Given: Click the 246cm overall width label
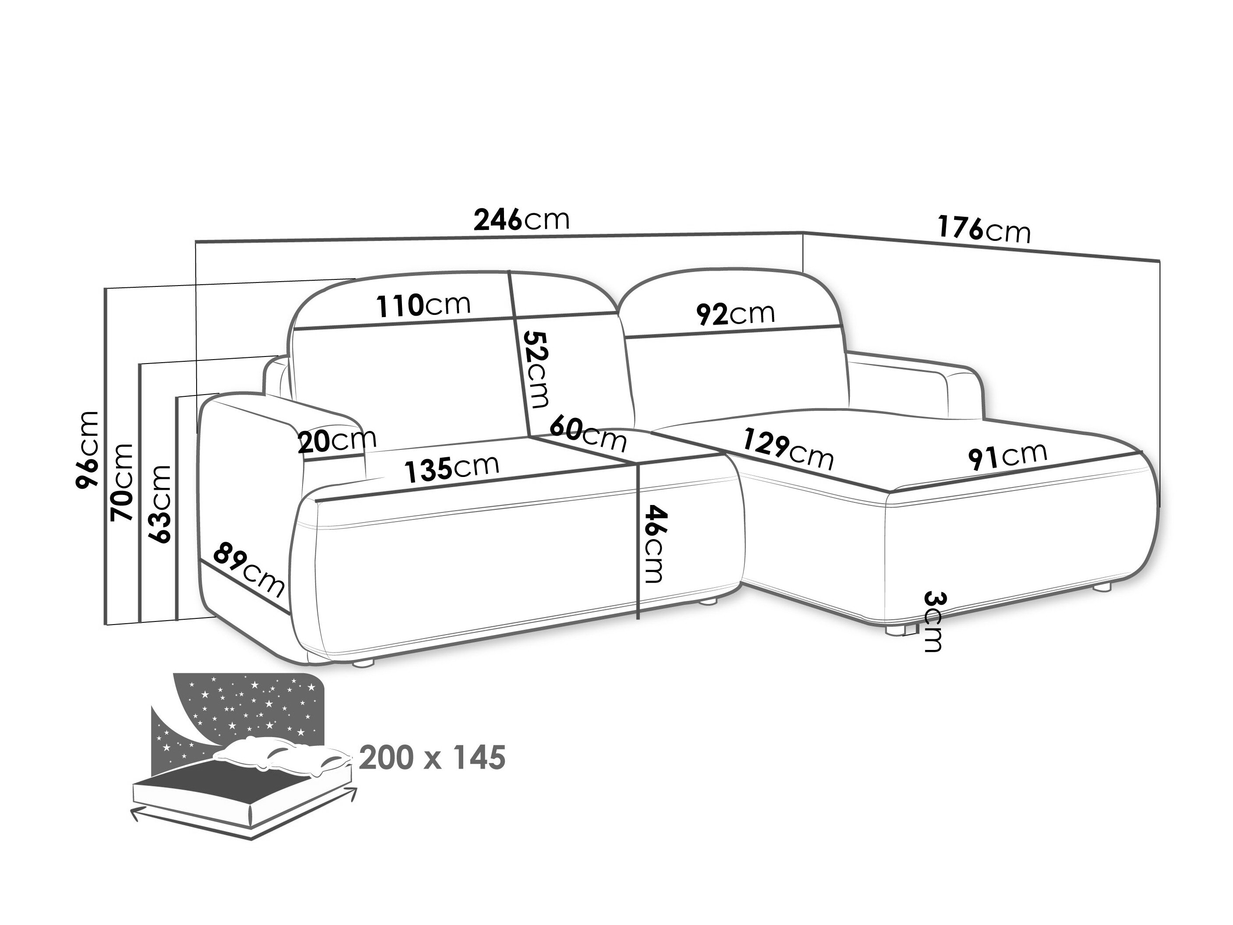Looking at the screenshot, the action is point(522,220).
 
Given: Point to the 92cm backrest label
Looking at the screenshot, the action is point(735,314).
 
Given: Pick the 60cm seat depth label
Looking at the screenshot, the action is point(588,434).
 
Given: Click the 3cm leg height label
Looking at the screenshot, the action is point(933,621).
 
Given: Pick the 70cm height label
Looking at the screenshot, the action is point(122,483).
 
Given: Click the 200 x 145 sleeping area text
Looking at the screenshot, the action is point(433,758).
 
